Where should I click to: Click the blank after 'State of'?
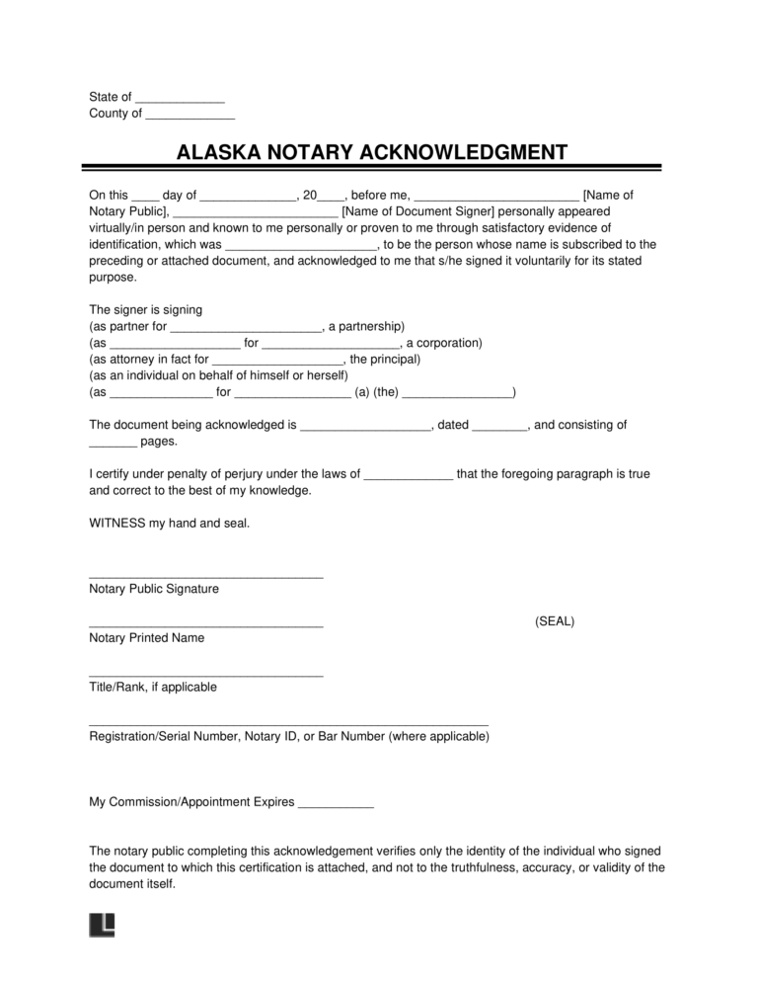pos(180,98)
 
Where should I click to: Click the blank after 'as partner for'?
pos(246,327)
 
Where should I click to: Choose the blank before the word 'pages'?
pos(113,443)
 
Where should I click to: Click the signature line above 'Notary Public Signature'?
pos(205,576)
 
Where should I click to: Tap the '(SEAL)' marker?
pos(555,621)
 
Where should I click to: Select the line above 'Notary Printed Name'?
pos(205,625)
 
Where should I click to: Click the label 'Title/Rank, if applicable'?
pos(153,687)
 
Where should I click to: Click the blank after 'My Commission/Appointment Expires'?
pos(336,803)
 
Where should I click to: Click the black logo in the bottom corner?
pos(102,925)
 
